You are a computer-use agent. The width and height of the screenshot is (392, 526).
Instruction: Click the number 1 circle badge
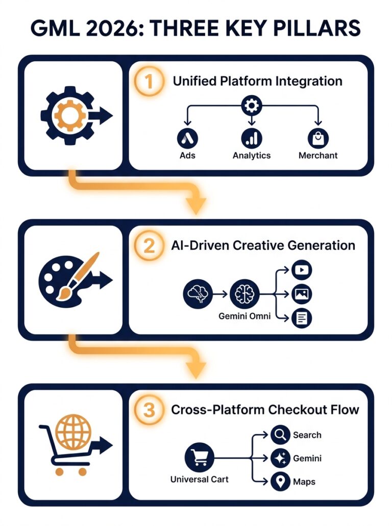point(149,81)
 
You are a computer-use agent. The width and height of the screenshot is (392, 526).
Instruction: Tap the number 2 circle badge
point(149,246)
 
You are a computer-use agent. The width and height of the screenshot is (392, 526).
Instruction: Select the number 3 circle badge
point(149,410)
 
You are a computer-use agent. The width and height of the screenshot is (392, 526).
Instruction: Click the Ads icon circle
point(187,138)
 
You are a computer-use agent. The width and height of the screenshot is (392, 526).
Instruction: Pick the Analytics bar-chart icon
point(252,138)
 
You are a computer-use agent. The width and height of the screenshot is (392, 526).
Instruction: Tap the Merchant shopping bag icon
point(318,138)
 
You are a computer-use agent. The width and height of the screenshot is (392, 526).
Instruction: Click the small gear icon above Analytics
point(252,106)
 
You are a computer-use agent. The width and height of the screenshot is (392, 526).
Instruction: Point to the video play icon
point(302,270)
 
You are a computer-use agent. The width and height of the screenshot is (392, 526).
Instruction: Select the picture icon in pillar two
point(302,294)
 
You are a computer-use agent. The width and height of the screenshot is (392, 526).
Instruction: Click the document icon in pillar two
point(302,318)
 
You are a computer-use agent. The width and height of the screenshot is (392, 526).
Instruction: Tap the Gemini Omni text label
point(244,316)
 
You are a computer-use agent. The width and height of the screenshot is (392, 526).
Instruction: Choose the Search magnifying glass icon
point(280,434)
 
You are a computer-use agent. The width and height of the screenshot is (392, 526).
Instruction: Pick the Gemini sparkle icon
point(280,458)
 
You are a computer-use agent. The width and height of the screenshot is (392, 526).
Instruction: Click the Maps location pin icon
point(280,482)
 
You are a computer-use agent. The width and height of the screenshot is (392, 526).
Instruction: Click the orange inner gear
point(70,116)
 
